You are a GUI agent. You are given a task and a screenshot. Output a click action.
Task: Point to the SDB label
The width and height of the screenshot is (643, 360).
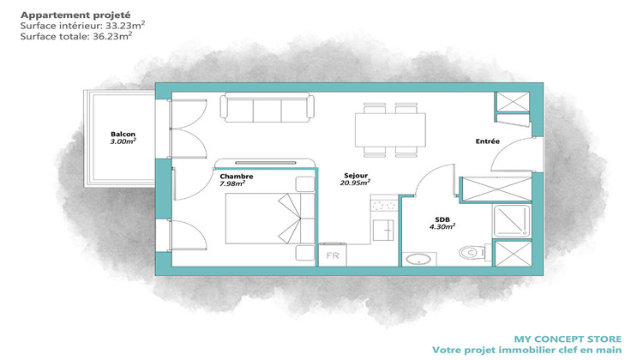point(442,219)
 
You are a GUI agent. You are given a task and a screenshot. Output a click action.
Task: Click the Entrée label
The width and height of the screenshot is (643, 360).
point(488,141)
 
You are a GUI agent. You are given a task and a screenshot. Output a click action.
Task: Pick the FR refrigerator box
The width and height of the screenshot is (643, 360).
point(330,255)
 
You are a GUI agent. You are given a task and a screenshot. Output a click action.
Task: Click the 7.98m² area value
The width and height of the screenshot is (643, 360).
point(232,183)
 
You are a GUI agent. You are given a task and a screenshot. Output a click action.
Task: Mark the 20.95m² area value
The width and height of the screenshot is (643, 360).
point(354,183)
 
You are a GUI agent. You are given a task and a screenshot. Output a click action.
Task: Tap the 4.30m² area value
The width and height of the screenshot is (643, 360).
point(442,226)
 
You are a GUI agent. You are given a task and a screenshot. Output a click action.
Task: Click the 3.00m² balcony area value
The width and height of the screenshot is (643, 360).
point(123,141)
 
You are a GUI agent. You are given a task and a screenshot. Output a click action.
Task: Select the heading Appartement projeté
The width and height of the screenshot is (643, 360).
point(75,15)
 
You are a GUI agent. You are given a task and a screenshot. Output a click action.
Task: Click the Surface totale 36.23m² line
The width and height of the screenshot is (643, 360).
point(77,37)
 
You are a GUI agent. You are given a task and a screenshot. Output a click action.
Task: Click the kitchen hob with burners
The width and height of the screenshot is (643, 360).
point(383,206)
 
